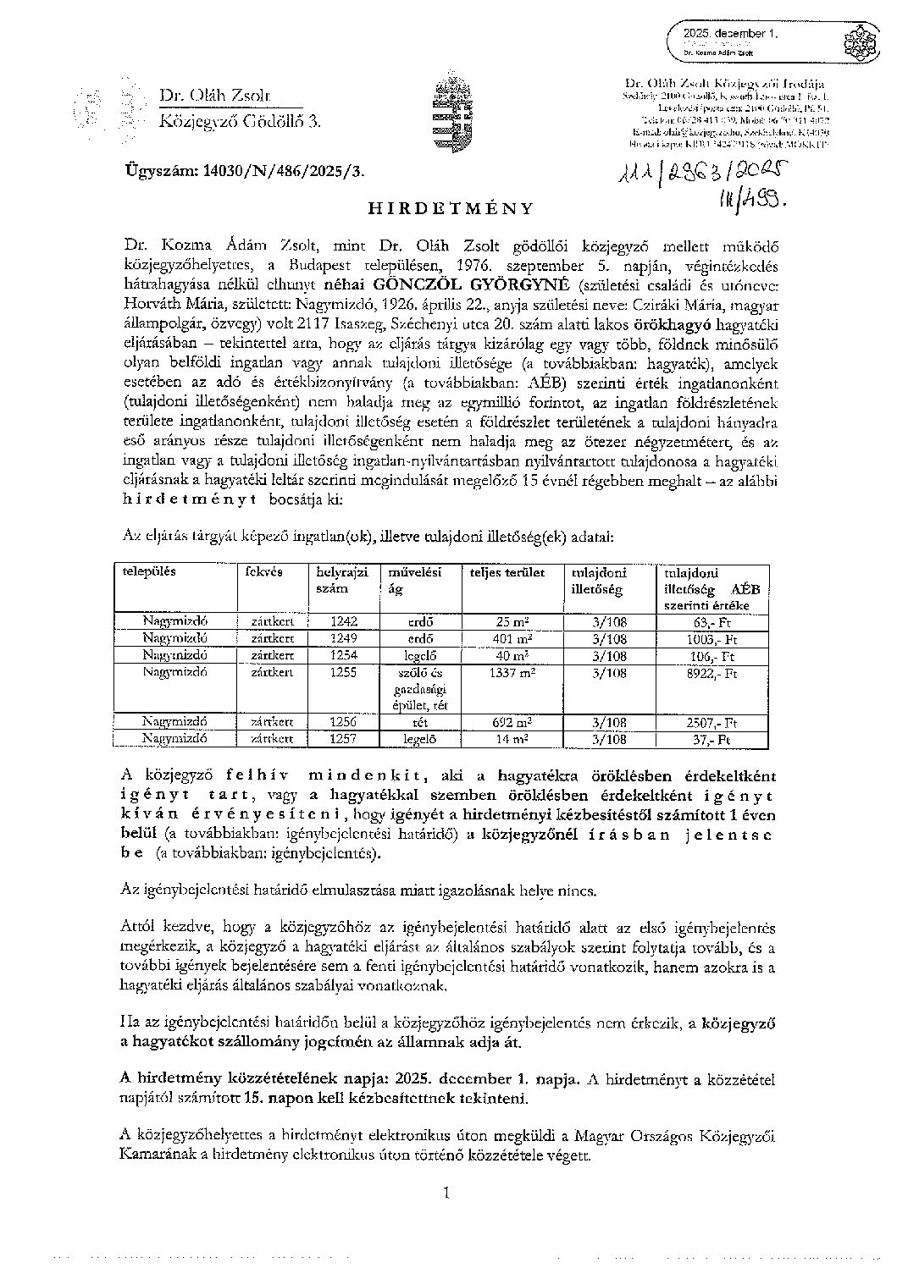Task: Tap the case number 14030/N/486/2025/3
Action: pos(245,170)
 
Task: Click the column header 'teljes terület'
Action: pos(508,573)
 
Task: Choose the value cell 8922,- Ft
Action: pos(713,672)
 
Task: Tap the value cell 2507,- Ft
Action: pos(713,722)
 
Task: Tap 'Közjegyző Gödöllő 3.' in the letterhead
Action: pos(241,123)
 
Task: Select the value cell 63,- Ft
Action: pos(713,622)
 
